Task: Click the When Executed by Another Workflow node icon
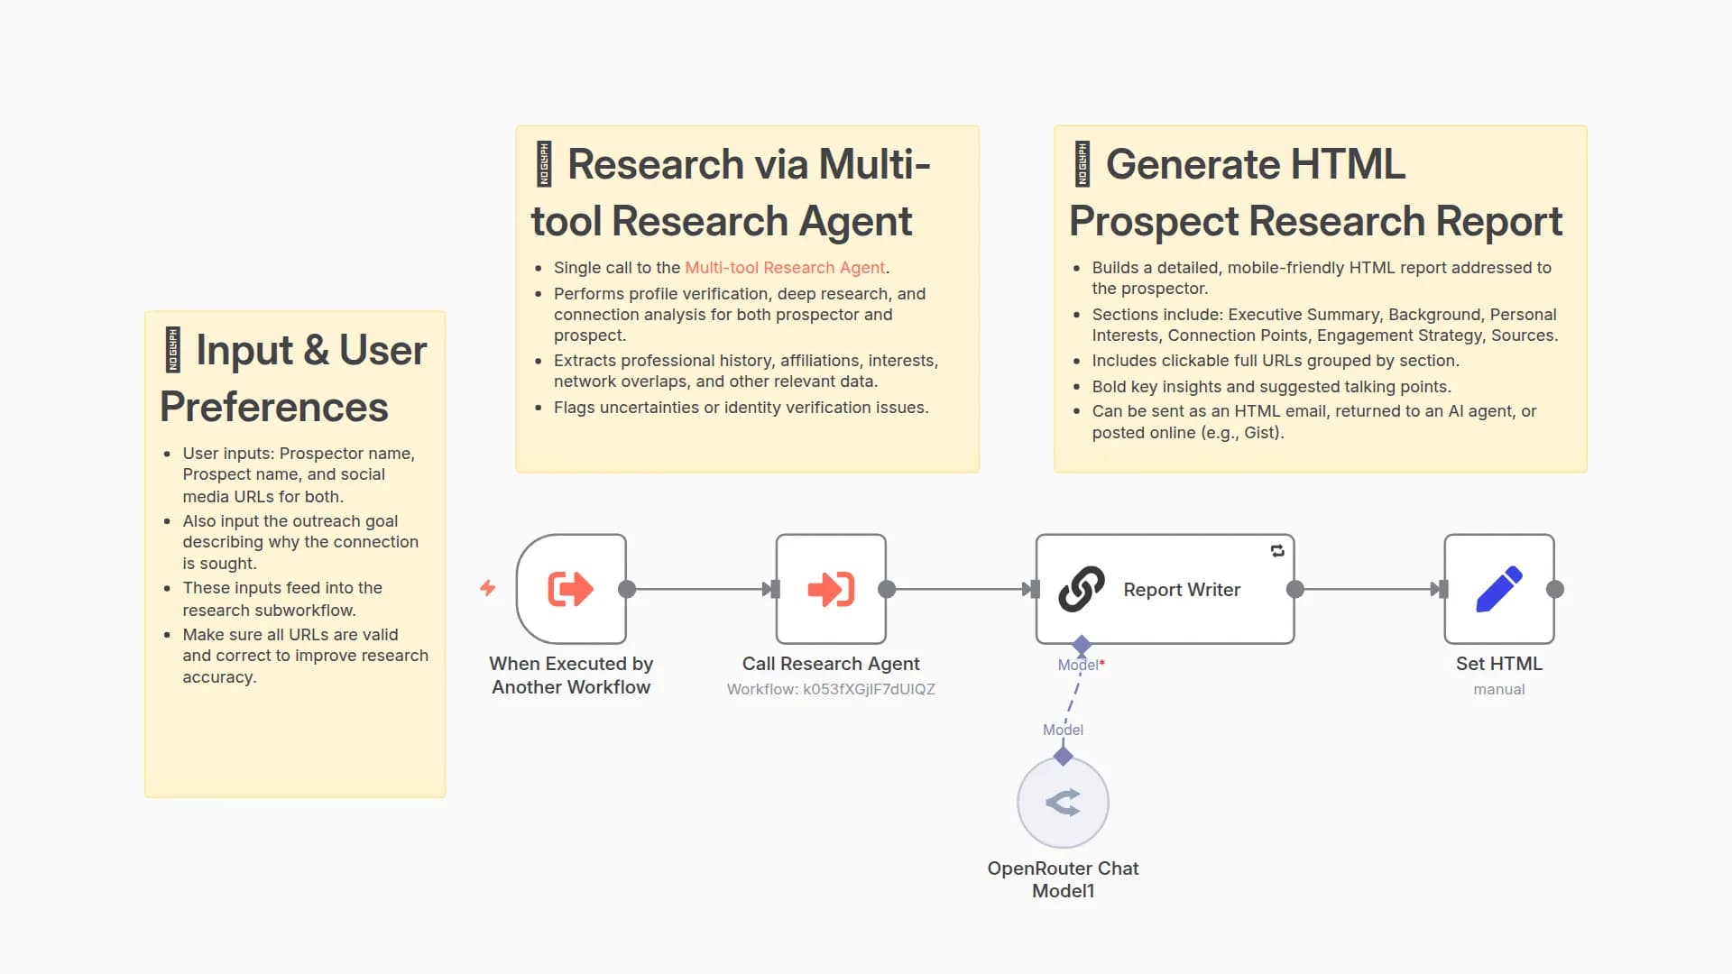571,589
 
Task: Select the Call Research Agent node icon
831,589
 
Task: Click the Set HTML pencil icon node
1498,589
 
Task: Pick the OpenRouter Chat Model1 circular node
1063,802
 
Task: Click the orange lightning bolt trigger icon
488,588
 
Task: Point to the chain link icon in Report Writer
1082,589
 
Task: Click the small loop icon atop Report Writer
1277,551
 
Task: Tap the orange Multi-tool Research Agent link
785,268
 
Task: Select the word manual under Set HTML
1498,690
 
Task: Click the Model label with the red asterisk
1081,666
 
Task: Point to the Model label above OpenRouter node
1063,730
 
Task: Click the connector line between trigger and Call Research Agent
699,589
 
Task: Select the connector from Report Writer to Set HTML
1367,589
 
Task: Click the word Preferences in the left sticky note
274,407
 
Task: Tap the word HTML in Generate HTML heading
1348,164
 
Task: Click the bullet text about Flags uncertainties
741,408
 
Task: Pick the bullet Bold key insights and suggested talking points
1271,387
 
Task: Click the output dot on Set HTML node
1555,589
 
